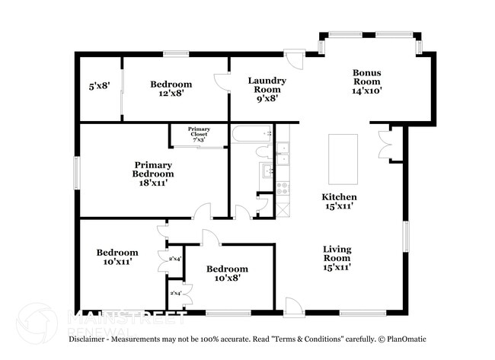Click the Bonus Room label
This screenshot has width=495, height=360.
tap(366, 81)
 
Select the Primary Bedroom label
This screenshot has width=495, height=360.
tap(153, 174)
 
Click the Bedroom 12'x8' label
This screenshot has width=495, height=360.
tap(171, 88)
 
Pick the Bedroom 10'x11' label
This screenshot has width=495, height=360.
tap(117, 257)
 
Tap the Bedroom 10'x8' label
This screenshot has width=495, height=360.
tap(227, 273)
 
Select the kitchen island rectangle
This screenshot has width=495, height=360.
tap(343, 158)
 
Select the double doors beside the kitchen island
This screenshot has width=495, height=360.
tap(389, 142)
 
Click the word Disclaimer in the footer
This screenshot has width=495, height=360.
tap(91, 339)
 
